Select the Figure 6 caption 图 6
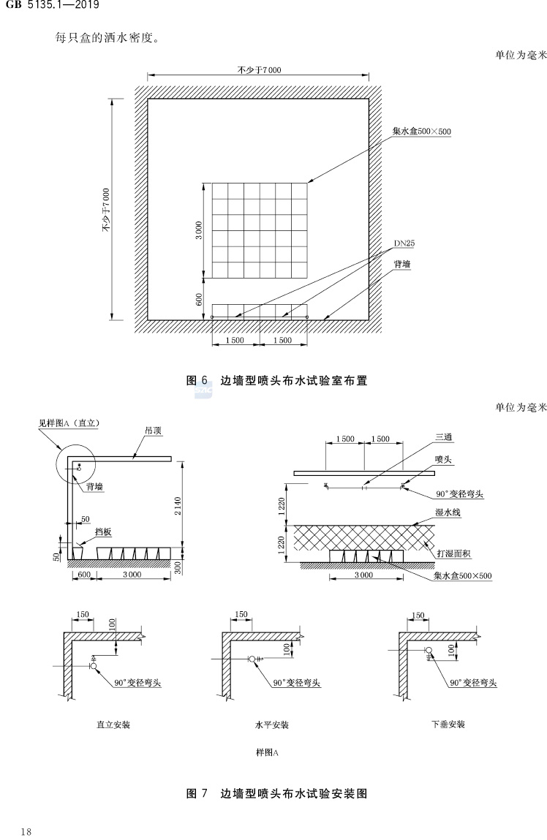(197, 380)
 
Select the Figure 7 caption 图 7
(197, 793)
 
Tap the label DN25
(404, 243)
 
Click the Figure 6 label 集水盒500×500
(422, 132)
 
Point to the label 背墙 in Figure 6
(402, 265)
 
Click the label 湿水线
(446, 514)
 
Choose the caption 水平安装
(272, 725)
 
